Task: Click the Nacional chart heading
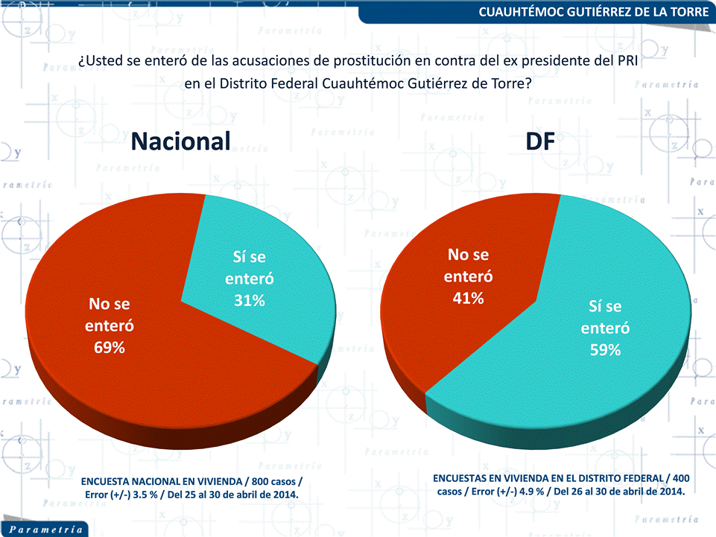[181, 141]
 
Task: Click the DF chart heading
[539, 141]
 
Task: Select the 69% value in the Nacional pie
[109, 348]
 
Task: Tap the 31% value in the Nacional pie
[250, 300]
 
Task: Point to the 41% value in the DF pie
[469, 298]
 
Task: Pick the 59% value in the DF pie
[605, 350]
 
